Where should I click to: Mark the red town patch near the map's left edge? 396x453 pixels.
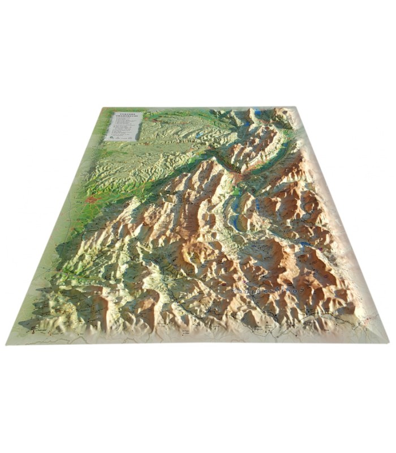point(91,199)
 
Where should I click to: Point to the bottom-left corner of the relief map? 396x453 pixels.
point(7,343)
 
